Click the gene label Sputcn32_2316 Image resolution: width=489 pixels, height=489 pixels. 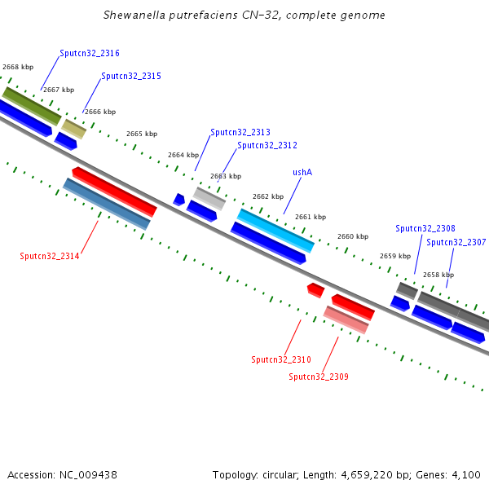pos(90,53)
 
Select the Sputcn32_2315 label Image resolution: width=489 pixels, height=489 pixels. pos(131,76)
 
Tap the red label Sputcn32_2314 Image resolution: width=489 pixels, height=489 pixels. pos(50,256)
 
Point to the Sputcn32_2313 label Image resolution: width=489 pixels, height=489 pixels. pos(240,132)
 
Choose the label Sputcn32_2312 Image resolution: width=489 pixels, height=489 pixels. pos(267,145)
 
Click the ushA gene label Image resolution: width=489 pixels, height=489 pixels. pos(302,172)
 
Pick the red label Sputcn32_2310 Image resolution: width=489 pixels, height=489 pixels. pos(281,359)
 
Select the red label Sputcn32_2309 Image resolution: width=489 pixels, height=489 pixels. pos(319,377)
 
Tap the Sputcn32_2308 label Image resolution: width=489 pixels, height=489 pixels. pos(425,228)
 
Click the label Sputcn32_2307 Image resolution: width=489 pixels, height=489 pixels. pos(456,242)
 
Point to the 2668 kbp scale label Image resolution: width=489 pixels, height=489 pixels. pos(18,67)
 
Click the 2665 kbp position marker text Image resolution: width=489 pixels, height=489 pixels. pos(142,134)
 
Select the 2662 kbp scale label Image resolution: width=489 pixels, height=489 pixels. pos(268,196)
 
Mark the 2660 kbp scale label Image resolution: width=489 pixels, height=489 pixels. pos(353,236)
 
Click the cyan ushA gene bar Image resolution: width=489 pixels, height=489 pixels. pos(275,230)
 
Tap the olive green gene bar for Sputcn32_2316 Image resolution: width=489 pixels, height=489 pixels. pos(32,106)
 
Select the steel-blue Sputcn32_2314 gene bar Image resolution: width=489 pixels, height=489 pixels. pos(107,204)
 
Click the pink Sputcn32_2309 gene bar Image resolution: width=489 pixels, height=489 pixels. pos(346,319)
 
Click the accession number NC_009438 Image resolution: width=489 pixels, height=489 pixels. pos(86,474)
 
